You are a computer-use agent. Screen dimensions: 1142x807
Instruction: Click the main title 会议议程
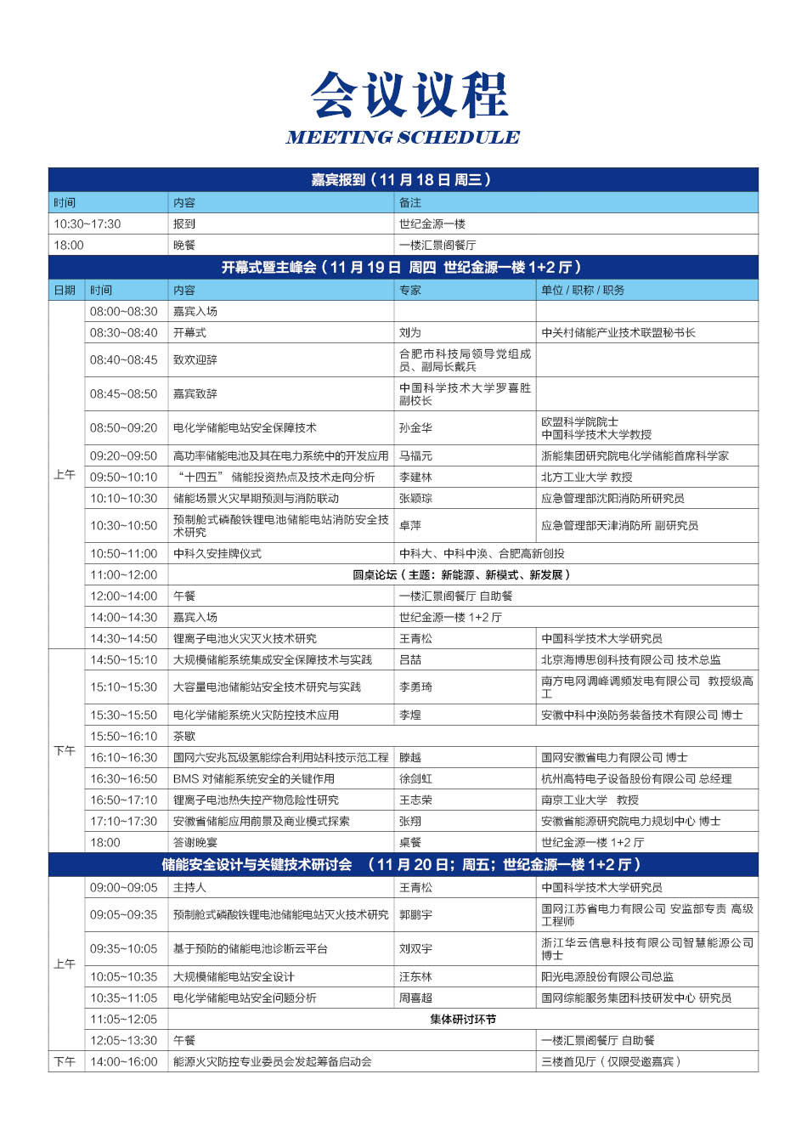click(409, 94)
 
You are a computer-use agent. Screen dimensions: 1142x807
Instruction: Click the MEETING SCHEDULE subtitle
click(403, 138)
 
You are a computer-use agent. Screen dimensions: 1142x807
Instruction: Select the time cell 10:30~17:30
click(87, 224)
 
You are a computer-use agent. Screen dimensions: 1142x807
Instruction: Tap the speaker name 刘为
click(410, 333)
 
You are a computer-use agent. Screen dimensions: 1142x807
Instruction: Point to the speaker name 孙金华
click(415, 428)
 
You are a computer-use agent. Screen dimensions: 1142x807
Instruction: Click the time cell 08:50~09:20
click(124, 428)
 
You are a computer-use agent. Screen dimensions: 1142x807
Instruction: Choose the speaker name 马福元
click(415, 456)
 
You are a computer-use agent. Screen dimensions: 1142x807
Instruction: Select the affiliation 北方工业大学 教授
click(587, 478)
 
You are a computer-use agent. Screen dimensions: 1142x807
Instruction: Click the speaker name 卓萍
click(410, 526)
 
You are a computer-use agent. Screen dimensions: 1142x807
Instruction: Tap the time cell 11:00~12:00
click(124, 575)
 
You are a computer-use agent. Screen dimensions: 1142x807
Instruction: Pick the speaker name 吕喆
click(410, 660)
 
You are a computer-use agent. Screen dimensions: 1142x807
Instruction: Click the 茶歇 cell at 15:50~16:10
click(184, 737)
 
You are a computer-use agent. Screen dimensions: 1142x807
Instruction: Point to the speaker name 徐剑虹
click(415, 779)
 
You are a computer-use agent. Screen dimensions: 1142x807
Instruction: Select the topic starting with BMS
click(254, 779)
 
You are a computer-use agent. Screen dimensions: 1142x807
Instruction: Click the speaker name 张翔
click(410, 822)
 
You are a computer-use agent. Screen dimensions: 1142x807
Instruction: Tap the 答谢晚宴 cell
click(195, 843)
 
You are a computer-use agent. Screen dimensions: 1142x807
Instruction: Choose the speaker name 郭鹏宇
click(415, 915)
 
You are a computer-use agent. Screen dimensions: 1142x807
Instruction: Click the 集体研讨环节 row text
click(463, 1020)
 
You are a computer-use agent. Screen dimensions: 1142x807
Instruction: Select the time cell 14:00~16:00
click(124, 1062)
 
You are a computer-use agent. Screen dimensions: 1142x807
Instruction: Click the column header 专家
click(410, 291)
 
